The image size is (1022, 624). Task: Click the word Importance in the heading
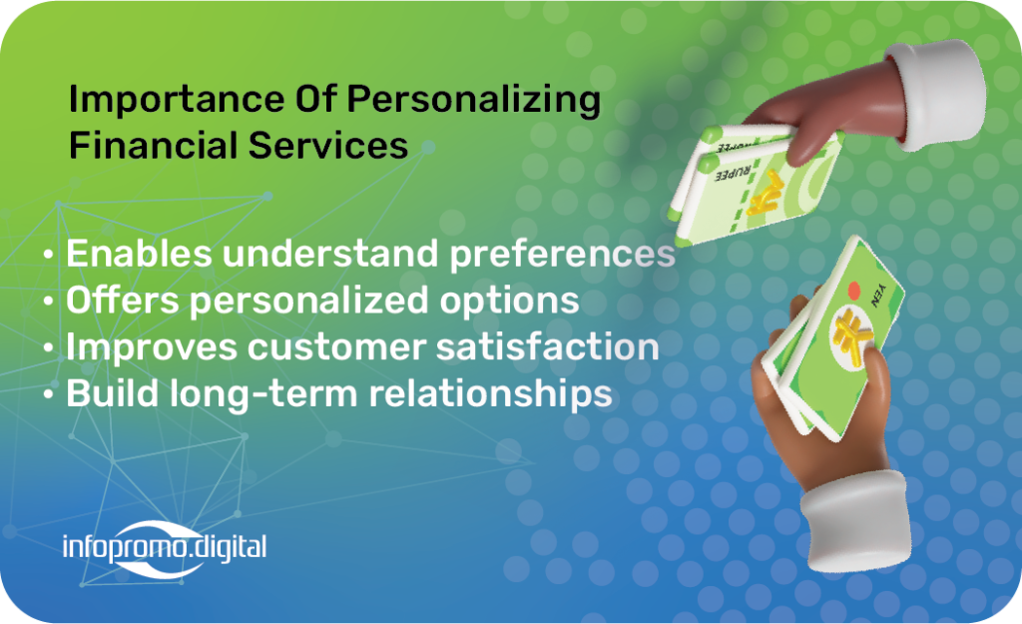(177, 100)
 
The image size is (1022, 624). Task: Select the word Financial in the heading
(153, 145)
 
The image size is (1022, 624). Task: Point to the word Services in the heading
(327, 145)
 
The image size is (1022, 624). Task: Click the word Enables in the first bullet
(139, 253)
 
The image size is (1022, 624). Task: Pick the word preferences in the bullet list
(563, 255)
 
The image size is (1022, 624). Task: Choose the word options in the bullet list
(509, 302)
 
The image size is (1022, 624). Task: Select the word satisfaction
(548, 346)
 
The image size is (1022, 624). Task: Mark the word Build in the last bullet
(112, 393)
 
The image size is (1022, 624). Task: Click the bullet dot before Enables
(48, 254)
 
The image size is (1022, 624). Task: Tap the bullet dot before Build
(48, 394)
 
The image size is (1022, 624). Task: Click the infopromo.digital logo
(165, 548)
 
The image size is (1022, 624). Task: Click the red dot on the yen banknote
(853, 291)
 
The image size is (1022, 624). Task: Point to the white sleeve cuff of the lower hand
(854, 521)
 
